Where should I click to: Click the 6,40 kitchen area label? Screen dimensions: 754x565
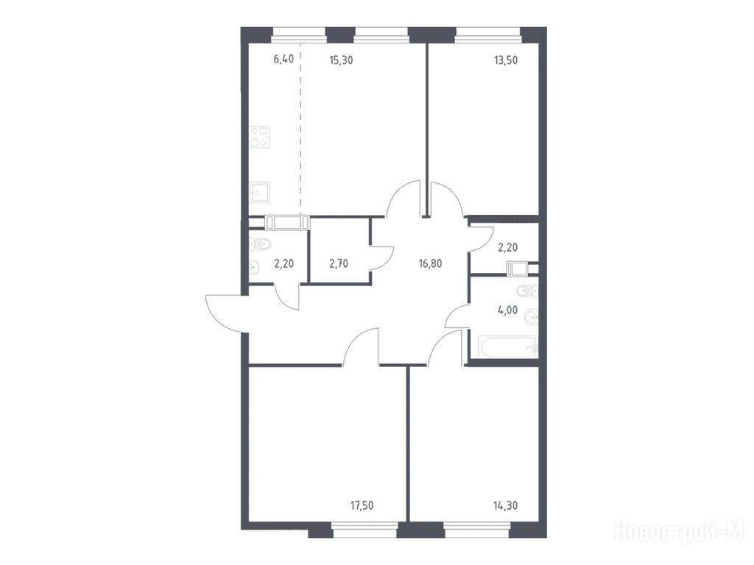[x=283, y=60]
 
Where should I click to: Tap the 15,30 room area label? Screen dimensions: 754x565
[x=341, y=60]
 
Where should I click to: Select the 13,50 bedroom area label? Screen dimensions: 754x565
[x=506, y=60]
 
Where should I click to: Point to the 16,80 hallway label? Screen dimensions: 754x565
[x=430, y=263]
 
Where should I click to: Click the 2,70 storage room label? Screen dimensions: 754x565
[x=339, y=263]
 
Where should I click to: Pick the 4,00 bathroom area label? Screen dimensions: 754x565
[x=508, y=310]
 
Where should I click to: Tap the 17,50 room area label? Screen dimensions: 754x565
[x=362, y=505]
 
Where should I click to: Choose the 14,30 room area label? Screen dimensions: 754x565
[x=506, y=505]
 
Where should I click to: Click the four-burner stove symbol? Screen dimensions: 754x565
[x=260, y=136]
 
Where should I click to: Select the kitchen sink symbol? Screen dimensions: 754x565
[x=260, y=192]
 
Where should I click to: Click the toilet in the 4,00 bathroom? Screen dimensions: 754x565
[x=527, y=291]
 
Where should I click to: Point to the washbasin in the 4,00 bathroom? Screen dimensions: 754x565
[x=531, y=316]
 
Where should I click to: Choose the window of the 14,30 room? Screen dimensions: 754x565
[x=476, y=530]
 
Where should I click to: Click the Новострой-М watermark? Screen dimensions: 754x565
[x=680, y=531]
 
